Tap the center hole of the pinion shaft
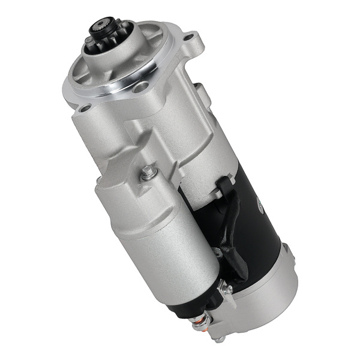coord(98,27)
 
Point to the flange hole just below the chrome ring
coord(140,88)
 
